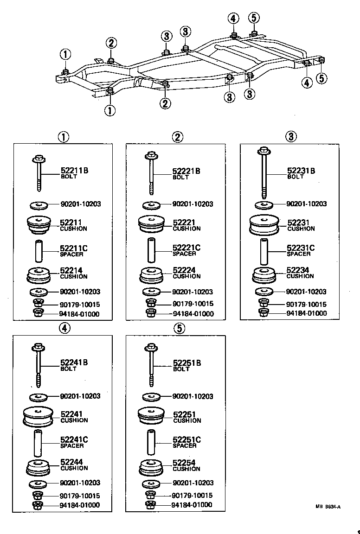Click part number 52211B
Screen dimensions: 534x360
74,171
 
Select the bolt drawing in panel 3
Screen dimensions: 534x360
264,172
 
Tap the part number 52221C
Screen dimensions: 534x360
186,248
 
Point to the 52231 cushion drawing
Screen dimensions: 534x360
264,226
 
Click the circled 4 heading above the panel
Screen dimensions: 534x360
64,328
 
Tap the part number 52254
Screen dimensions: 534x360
184,463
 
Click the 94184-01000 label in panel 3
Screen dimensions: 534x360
307,313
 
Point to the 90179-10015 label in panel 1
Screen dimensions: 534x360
80,305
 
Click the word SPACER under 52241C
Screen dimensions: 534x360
72,446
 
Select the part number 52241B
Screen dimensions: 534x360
74,363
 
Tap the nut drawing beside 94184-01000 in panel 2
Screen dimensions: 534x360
150,313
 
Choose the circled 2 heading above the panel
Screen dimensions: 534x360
177,137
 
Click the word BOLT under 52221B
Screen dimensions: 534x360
180,178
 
